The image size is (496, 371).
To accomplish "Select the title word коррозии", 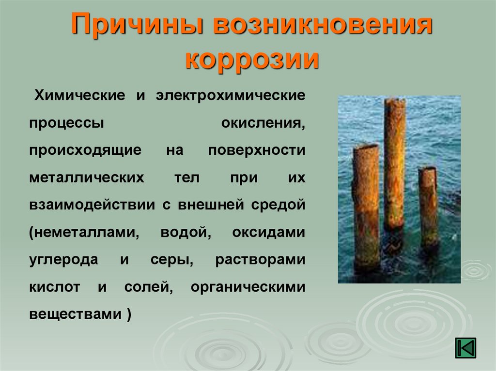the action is tap(252, 59).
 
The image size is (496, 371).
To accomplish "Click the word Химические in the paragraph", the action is tap(80, 95).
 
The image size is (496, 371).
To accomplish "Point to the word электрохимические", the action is tap(231, 95).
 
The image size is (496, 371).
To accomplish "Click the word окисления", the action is tap(263, 123).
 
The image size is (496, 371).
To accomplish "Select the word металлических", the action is tap(87, 178).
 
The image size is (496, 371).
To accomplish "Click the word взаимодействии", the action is tap(92, 205).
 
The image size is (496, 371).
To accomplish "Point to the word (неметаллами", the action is tap(84, 233).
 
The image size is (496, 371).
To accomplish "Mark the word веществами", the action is tap(76, 314).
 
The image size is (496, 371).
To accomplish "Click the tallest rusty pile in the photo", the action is tap(394, 164).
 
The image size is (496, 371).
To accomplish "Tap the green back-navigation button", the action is tap(465, 348).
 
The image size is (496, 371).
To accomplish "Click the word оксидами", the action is tap(268, 233).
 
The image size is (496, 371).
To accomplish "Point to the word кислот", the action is tap(54, 287).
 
